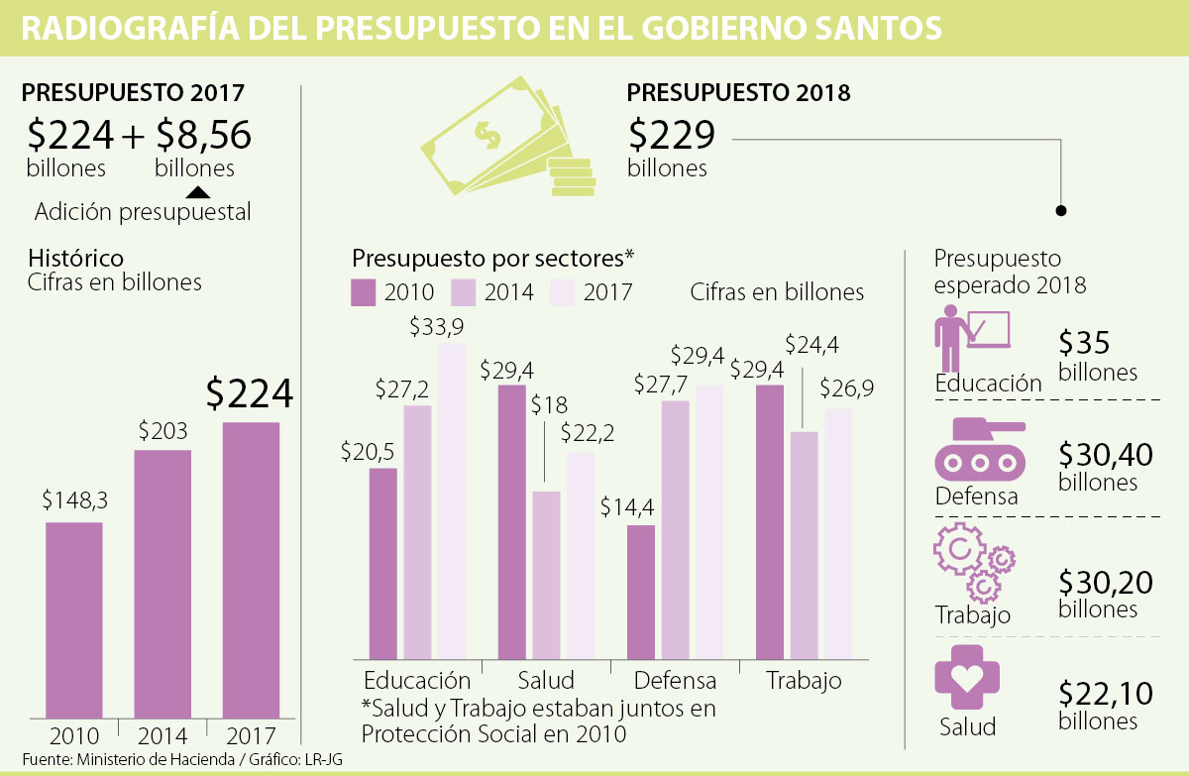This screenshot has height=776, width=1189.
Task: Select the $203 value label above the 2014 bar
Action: pyautogui.click(x=162, y=432)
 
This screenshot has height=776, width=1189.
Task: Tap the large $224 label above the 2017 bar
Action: pyautogui.click(x=249, y=394)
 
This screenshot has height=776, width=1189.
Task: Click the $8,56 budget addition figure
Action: pyautogui.click(x=203, y=134)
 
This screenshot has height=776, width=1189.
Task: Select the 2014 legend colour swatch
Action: pyautogui.click(x=464, y=291)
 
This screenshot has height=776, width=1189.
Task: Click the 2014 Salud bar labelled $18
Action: pyautogui.click(x=546, y=575)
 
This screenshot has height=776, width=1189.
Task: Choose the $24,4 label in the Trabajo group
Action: pyautogui.click(x=811, y=345)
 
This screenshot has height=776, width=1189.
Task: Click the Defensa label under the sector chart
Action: pyautogui.click(x=675, y=681)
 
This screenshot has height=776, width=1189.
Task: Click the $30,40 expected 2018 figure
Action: pyautogui.click(x=1105, y=455)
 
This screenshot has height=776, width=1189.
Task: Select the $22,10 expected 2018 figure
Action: pyautogui.click(x=1105, y=693)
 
